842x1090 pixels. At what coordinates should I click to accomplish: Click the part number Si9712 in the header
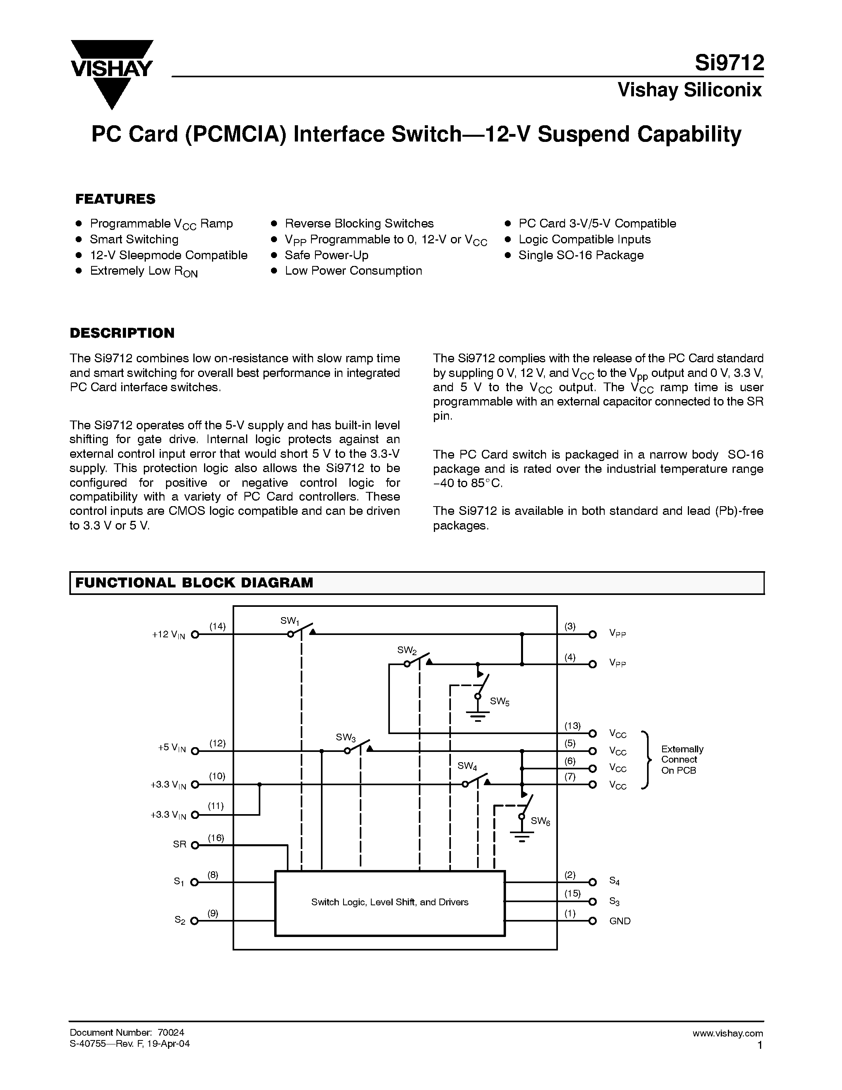pos(729,64)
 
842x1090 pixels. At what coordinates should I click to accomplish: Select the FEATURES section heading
pos(115,199)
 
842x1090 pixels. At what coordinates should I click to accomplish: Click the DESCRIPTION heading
pos(122,333)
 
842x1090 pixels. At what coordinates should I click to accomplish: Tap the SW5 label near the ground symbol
pos(499,701)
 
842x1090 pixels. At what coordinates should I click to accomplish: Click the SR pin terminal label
pos(179,844)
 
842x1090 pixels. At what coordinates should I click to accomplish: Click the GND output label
pos(620,921)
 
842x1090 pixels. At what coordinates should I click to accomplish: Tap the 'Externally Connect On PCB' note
pos(682,759)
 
